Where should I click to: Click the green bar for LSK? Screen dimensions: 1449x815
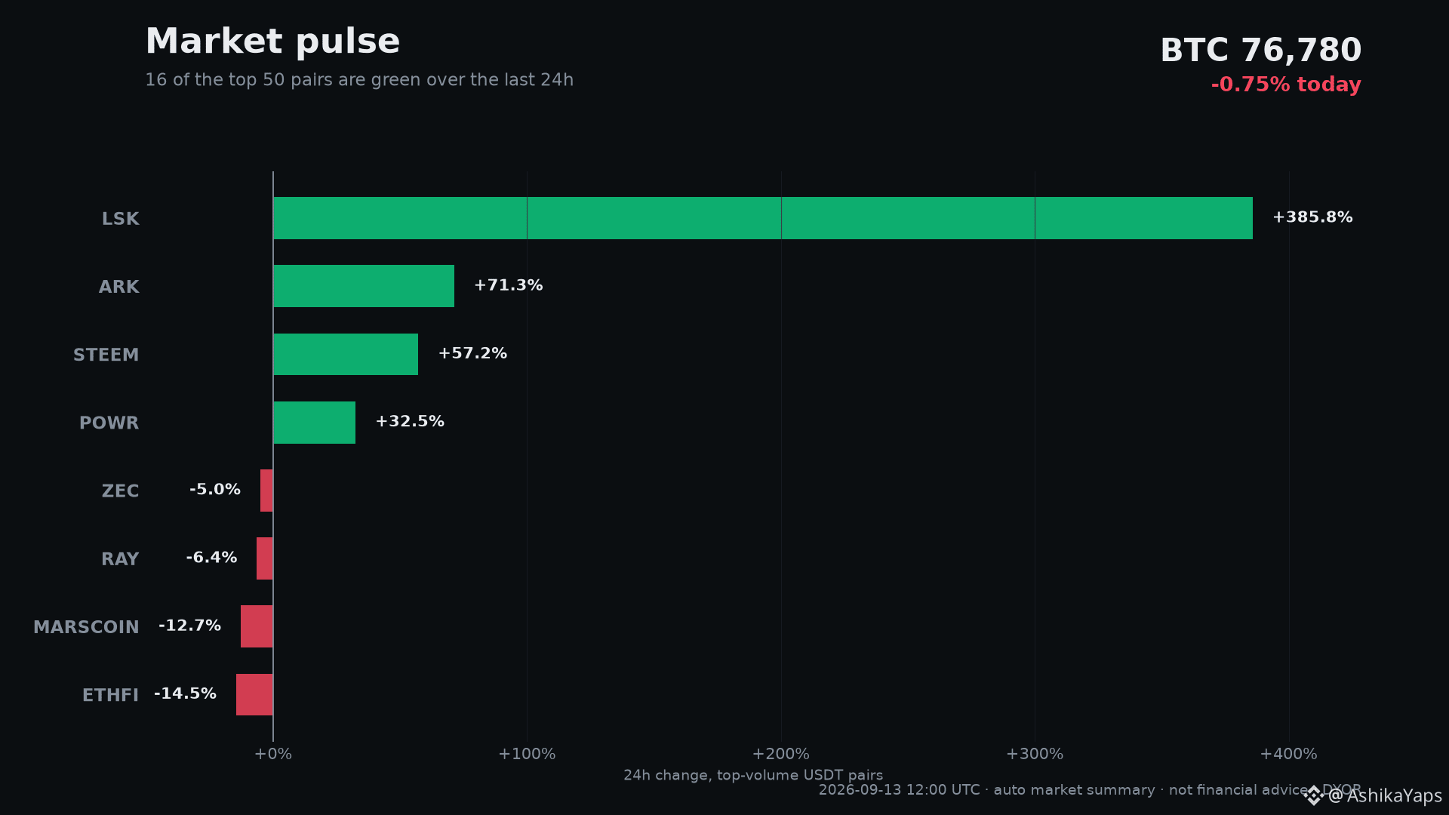click(x=763, y=218)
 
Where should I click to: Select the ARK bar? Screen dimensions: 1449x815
click(x=364, y=286)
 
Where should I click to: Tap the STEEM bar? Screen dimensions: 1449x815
click(x=346, y=354)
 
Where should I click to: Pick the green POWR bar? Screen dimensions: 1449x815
click(x=314, y=423)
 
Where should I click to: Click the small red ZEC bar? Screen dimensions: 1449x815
click(x=266, y=491)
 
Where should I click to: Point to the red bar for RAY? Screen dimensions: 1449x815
click(x=265, y=558)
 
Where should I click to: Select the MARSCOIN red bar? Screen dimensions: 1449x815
click(x=257, y=626)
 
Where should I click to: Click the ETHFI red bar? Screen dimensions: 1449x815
click(x=254, y=694)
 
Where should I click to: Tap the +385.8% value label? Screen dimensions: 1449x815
click(x=1312, y=217)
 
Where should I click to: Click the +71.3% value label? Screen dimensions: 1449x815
click(x=508, y=285)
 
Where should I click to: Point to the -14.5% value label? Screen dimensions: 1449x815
click(x=185, y=694)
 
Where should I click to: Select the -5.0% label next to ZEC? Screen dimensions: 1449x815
click(x=215, y=490)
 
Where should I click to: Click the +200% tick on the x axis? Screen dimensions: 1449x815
click(x=780, y=754)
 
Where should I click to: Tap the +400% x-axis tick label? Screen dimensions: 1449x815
click(x=1288, y=754)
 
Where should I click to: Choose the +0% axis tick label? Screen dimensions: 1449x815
click(x=272, y=754)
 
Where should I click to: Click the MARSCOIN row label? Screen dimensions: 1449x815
click(x=86, y=627)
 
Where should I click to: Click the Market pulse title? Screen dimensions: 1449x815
click(x=272, y=42)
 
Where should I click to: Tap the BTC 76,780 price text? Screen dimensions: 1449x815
click(x=1260, y=51)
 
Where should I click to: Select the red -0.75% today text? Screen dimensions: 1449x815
click(x=1286, y=85)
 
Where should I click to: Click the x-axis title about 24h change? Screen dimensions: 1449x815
click(x=753, y=775)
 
